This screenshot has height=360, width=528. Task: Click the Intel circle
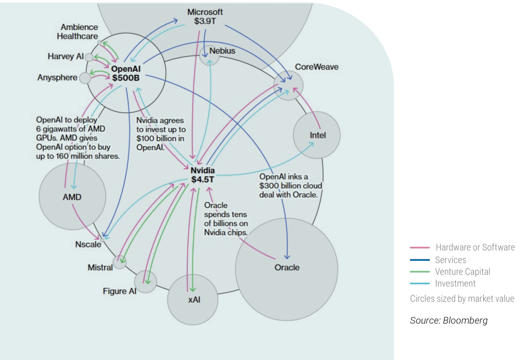point(317,135)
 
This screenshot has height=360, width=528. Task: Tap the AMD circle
point(72,197)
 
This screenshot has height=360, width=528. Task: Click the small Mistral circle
point(120,263)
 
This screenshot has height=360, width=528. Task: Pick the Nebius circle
point(210,54)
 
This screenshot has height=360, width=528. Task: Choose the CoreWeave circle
point(288,85)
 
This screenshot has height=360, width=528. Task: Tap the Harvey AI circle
point(89,57)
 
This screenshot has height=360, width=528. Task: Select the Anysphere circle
point(85,78)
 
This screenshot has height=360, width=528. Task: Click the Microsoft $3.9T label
point(205,17)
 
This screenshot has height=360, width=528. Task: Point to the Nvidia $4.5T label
point(203,175)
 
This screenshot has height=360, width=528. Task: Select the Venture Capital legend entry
point(462,272)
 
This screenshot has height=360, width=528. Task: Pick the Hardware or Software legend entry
point(474,248)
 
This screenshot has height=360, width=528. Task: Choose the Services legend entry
point(450,260)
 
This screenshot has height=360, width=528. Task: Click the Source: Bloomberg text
point(448,320)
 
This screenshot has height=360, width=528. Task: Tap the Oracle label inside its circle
point(287,268)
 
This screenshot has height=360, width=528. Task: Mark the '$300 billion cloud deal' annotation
point(291,186)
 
